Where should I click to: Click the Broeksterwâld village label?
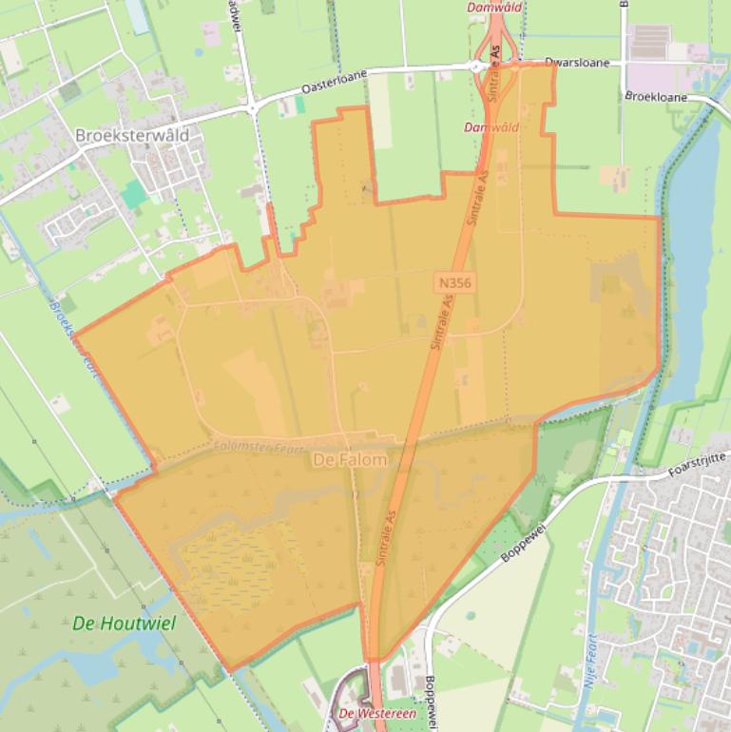click(x=131, y=135)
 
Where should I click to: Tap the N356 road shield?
click(x=455, y=282)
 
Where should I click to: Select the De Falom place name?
click(x=350, y=460)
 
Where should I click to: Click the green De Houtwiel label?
click(x=117, y=624)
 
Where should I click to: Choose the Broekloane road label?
click(x=656, y=97)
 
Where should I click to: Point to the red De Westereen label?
click(x=369, y=713)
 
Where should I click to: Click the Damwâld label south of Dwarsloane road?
click(x=491, y=126)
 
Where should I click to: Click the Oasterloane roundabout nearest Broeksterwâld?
click(x=252, y=108)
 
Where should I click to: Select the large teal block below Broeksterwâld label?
click(x=134, y=194)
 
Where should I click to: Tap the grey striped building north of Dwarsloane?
click(x=651, y=41)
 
